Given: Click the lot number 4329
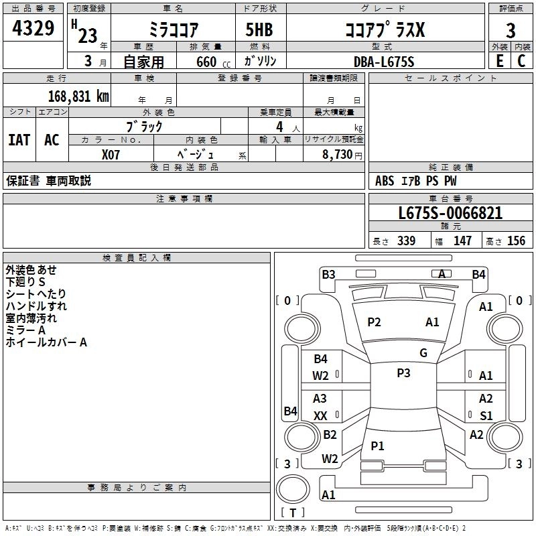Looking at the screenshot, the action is point(33,28).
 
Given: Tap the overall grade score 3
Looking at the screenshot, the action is point(511,31).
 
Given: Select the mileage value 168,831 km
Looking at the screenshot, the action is point(78,96).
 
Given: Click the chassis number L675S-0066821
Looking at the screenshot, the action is point(450,213).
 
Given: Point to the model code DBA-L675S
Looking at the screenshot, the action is point(384,62).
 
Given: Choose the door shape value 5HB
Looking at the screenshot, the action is point(259,29).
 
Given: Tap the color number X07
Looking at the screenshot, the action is point(111,155).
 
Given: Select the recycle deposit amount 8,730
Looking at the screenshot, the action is point(337,154).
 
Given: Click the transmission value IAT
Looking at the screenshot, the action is point(19,140).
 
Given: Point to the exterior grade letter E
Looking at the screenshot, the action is point(499,61).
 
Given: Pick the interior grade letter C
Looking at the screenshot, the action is point(521,61).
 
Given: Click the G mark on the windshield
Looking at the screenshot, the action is point(423,353).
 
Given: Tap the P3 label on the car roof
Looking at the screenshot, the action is point(403,373).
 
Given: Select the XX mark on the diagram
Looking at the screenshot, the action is point(320,415).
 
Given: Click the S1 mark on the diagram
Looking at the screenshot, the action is point(486,415).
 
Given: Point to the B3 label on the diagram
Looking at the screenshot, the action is point(328,275).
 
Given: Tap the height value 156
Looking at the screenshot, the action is point(516,241).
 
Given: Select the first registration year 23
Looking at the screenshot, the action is point(88,36).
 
